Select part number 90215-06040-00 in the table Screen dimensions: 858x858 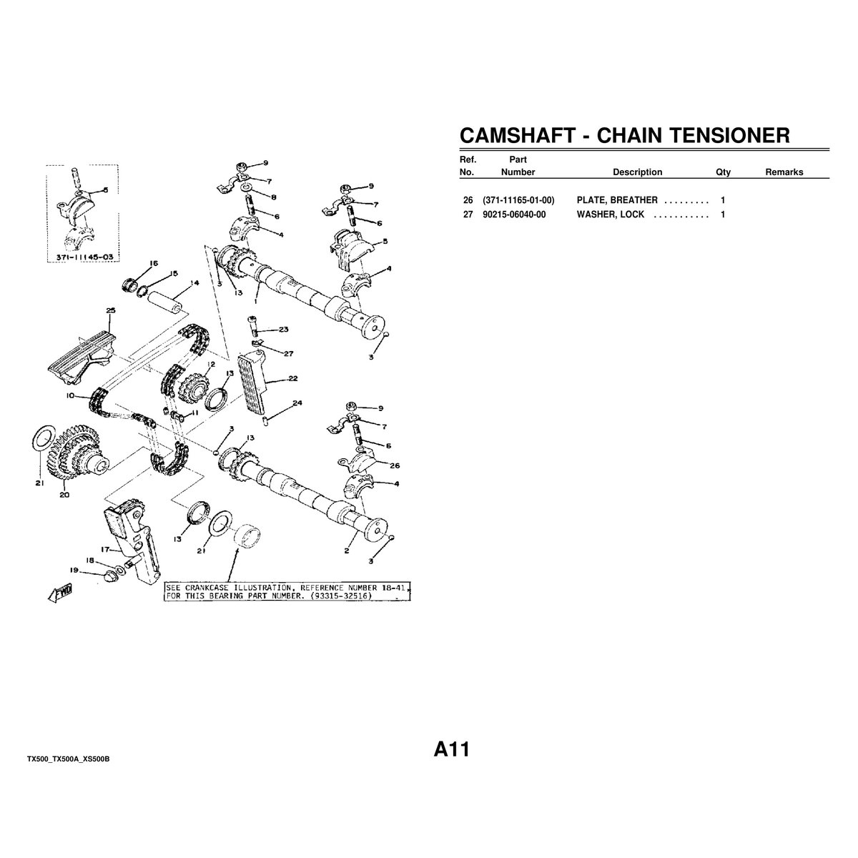[514, 214]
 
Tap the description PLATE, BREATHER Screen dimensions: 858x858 [616, 200]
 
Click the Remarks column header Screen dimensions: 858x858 [784, 172]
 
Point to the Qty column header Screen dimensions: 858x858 [723, 172]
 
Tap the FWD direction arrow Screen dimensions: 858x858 [60, 593]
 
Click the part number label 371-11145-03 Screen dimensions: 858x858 [84, 257]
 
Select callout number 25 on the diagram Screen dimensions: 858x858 [111, 310]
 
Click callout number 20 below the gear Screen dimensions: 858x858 [64, 495]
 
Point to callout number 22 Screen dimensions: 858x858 [292, 378]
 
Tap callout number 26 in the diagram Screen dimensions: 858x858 [395, 465]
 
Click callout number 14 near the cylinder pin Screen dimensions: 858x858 [194, 282]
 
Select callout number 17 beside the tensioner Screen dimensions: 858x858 [105, 549]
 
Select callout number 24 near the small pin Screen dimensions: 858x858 [297, 403]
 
